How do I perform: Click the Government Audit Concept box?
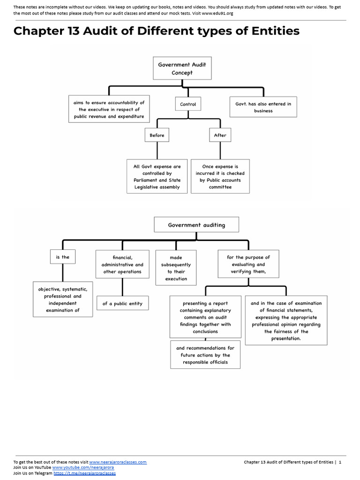[x=182, y=68]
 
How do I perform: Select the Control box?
[x=188, y=104]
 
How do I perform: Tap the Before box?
[x=157, y=135]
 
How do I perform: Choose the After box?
[x=220, y=135]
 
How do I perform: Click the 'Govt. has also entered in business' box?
[x=263, y=107]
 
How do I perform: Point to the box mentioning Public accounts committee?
[x=220, y=176]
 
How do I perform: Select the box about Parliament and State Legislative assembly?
[x=157, y=176]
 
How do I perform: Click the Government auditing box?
[x=196, y=225]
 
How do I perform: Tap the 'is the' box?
[x=62, y=257]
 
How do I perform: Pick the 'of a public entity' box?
[x=122, y=303]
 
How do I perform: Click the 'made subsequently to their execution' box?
[x=176, y=268]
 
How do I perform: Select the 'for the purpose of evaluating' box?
[x=248, y=264]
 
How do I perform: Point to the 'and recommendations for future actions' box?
[x=205, y=355]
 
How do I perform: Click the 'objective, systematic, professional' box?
[x=62, y=300]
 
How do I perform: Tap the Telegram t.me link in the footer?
[x=84, y=473]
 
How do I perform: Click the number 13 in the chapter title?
[x=75, y=31]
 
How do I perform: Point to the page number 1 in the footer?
[x=340, y=462]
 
